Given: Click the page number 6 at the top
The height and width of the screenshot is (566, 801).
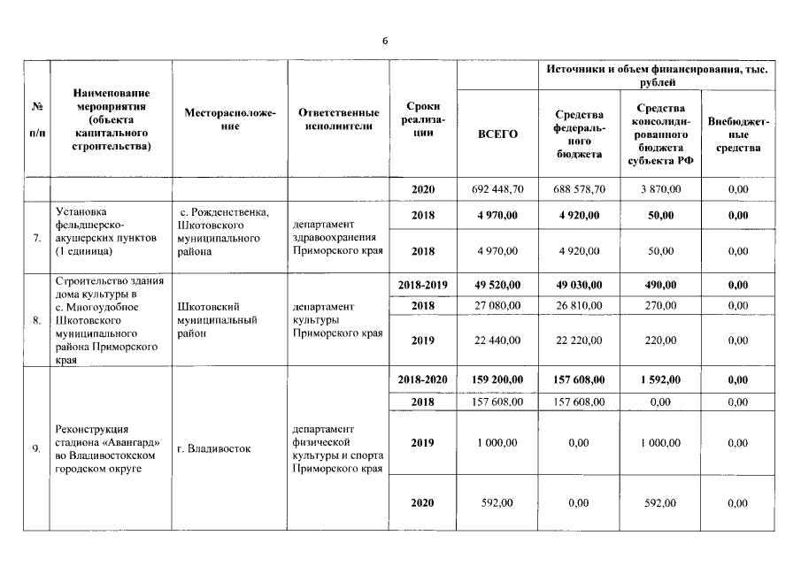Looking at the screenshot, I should tap(385, 41).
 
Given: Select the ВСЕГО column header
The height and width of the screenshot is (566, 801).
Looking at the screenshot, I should tap(497, 134).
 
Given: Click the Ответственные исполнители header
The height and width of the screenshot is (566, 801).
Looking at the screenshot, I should tap(336, 119).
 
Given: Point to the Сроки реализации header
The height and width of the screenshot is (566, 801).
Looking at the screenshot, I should tap(422, 119).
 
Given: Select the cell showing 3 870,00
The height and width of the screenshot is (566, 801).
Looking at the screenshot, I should tap(655, 189).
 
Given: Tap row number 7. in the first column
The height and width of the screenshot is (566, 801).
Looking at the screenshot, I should tap(36, 238).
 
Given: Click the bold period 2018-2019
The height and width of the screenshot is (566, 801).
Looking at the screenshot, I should tap(422, 286).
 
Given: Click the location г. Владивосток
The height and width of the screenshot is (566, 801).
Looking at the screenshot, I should tap(213, 448).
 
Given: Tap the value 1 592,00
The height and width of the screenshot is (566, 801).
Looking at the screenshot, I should tap(655, 379).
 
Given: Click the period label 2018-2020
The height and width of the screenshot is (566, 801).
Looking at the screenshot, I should tap(422, 379).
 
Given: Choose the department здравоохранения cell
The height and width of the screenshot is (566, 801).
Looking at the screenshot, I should tap(336, 237).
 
